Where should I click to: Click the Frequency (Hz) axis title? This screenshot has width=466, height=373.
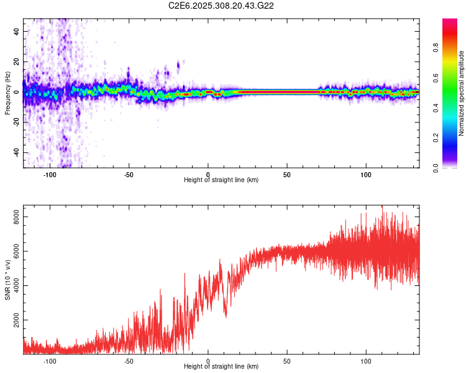[7, 93]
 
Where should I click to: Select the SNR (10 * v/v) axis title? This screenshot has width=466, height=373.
[7, 279]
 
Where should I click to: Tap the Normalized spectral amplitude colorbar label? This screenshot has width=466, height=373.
[461, 93]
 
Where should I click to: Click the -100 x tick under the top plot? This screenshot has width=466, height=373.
[50, 174]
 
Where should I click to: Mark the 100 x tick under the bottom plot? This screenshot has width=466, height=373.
[366, 361]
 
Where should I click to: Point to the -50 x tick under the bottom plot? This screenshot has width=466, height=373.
[129, 361]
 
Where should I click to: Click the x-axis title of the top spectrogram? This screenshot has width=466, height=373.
[221, 180]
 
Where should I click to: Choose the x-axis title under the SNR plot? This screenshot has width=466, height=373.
[221, 367]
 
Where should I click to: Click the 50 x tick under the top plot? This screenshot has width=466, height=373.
[287, 174]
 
